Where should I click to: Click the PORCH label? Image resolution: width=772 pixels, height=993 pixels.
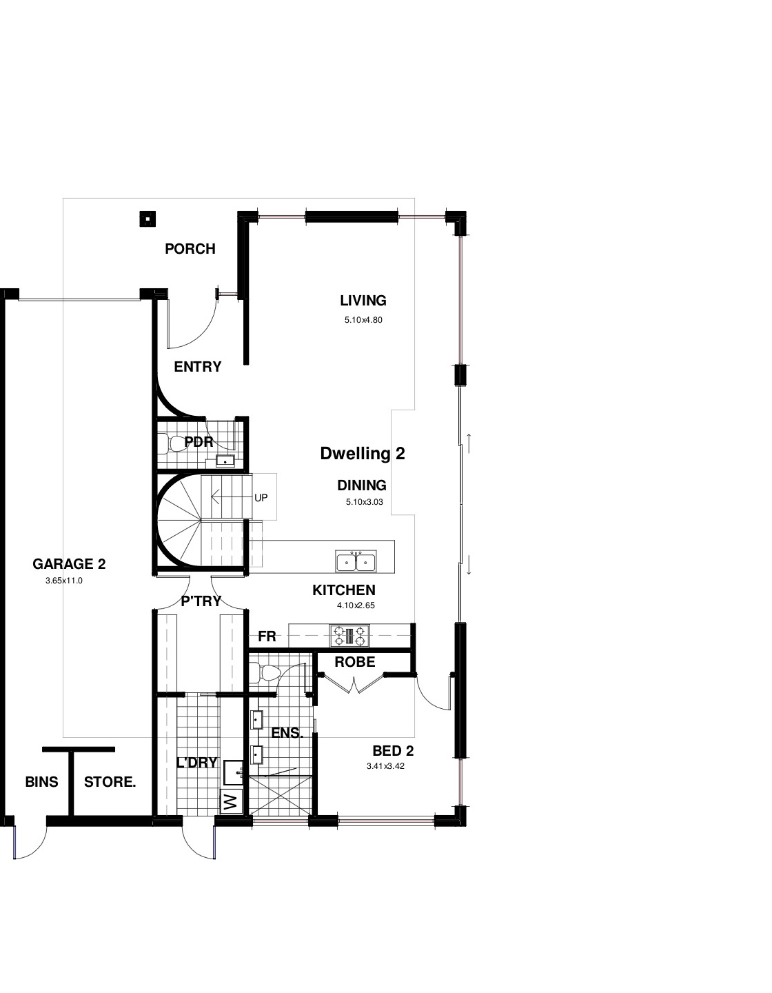point(190,249)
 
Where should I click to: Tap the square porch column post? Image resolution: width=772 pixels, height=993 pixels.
point(147,219)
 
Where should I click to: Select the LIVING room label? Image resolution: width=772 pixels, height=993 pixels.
point(363,301)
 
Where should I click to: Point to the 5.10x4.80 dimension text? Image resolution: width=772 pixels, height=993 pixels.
point(363,321)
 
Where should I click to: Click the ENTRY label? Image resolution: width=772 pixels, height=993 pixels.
point(197,367)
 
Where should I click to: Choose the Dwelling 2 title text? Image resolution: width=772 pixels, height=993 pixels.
point(363,454)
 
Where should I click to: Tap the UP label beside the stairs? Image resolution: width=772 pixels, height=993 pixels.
point(261,498)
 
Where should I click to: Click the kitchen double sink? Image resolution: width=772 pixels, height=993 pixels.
point(356,561)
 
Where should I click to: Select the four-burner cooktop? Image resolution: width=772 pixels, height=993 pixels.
point(350,636)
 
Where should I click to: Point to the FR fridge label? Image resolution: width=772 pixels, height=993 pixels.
point(267,636)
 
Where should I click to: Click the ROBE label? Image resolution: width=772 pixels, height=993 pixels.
point(355,662)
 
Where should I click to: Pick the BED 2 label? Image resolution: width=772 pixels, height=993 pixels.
point(393,751)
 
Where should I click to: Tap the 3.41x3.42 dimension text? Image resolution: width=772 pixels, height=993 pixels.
point(385,766)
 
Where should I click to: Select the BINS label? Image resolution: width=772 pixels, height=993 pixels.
point(41,782)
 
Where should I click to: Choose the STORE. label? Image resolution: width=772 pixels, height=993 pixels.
point(110,782)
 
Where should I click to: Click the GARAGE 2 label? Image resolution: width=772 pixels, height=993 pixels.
point(69,564)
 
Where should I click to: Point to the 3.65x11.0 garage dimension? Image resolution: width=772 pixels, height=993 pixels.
point(64,581)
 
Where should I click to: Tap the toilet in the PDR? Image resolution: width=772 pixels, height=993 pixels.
point(174,443)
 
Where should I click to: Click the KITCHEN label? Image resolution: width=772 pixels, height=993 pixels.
point(344,590)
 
